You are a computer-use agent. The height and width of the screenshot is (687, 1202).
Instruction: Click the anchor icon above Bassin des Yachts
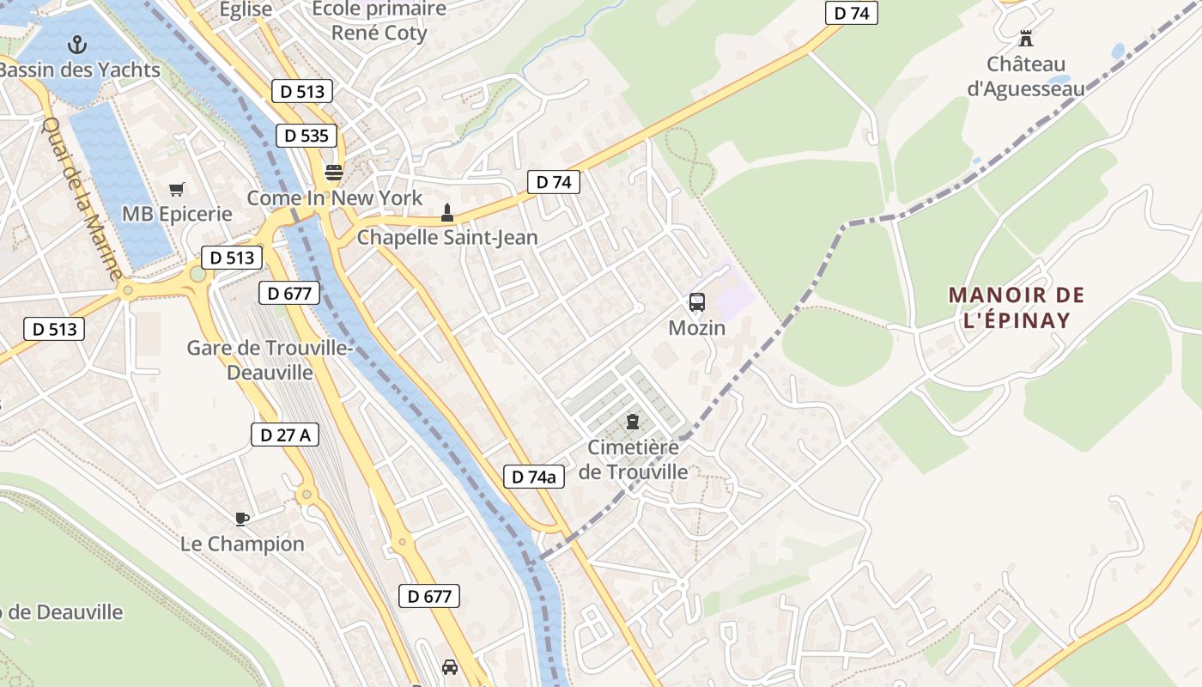(78, 44)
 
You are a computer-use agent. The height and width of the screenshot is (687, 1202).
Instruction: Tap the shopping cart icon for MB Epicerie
(177, 189)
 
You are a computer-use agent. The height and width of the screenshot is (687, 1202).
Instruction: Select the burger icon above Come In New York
(333, 173)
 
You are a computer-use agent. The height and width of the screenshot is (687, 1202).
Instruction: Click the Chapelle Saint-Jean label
(446, 237)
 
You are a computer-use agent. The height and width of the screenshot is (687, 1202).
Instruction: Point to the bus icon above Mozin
(696, 302)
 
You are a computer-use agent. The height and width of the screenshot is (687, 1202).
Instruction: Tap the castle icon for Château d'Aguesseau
(1025, 38)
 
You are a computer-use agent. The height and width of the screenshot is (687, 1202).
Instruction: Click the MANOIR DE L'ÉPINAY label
(1017, 307)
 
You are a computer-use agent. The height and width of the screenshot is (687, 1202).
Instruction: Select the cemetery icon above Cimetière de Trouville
(633, 421)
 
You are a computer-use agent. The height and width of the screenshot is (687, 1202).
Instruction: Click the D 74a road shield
(533, 477)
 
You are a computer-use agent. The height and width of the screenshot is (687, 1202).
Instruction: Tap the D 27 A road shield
(285, 435)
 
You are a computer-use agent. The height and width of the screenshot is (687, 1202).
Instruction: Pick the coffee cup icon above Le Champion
(242, 518)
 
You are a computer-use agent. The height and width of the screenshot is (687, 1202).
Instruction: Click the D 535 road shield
(307, 135)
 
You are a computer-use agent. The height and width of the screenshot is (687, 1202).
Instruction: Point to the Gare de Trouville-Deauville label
(270, 360)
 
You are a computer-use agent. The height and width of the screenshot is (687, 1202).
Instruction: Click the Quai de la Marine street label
(82, 198)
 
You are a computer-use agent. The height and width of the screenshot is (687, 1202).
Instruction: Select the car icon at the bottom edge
(449, 666)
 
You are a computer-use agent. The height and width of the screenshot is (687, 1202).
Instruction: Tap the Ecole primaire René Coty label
(379, 21)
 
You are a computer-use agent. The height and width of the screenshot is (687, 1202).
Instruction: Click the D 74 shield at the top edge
(851, 13)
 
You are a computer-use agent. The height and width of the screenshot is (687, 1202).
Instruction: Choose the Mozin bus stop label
(696, 328)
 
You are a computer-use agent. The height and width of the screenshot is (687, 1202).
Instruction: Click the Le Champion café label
(242, 544)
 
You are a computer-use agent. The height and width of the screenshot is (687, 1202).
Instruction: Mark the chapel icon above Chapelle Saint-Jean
(446, 212)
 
